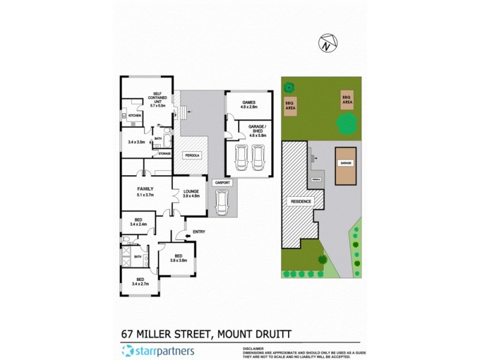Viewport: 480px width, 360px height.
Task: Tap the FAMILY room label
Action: point(146,189)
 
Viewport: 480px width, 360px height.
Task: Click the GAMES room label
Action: point(249,103)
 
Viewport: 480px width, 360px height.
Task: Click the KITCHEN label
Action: point(134,115)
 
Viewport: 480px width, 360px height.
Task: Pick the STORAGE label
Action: point(164,154)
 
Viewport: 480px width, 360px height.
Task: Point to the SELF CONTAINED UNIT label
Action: point(158,98)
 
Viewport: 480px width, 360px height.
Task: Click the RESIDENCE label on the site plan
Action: point(301,202)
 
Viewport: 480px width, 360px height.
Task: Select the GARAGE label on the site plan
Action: point(346,163)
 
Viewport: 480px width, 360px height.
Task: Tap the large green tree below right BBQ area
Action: point(346,124)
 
